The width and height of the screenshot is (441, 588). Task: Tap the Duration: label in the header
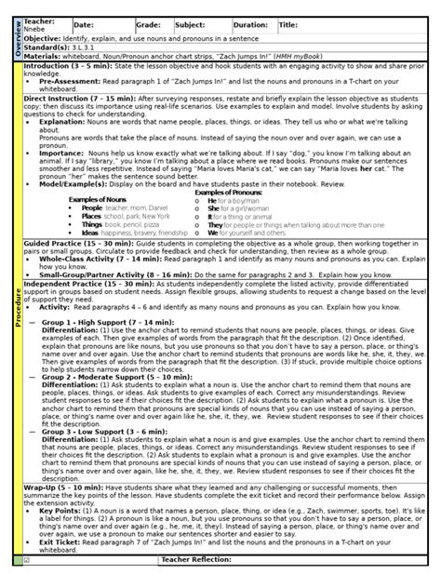pyautogui.click(x=250, y=25)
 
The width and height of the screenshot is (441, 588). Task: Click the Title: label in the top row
pyautogui.click(x=289, y=25)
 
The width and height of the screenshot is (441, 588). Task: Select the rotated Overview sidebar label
pyautogui.click(x=14, y=37)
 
